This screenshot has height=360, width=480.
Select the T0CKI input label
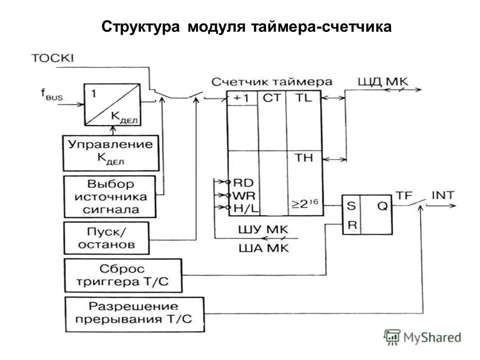(52, 58)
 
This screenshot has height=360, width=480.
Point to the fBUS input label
(51, 95)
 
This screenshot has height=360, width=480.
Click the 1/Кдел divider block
(112, 104)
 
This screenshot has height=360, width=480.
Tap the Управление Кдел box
(110, 152)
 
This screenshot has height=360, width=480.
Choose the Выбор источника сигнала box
(110, 196)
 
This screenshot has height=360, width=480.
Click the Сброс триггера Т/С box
(123, 275)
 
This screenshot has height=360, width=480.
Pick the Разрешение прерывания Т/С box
(134, 314)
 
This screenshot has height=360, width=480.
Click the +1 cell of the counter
(242, 98)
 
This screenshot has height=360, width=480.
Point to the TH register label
(303, 158)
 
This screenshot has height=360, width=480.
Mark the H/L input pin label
(244, 206)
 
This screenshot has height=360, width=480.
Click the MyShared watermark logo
(422, 337)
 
